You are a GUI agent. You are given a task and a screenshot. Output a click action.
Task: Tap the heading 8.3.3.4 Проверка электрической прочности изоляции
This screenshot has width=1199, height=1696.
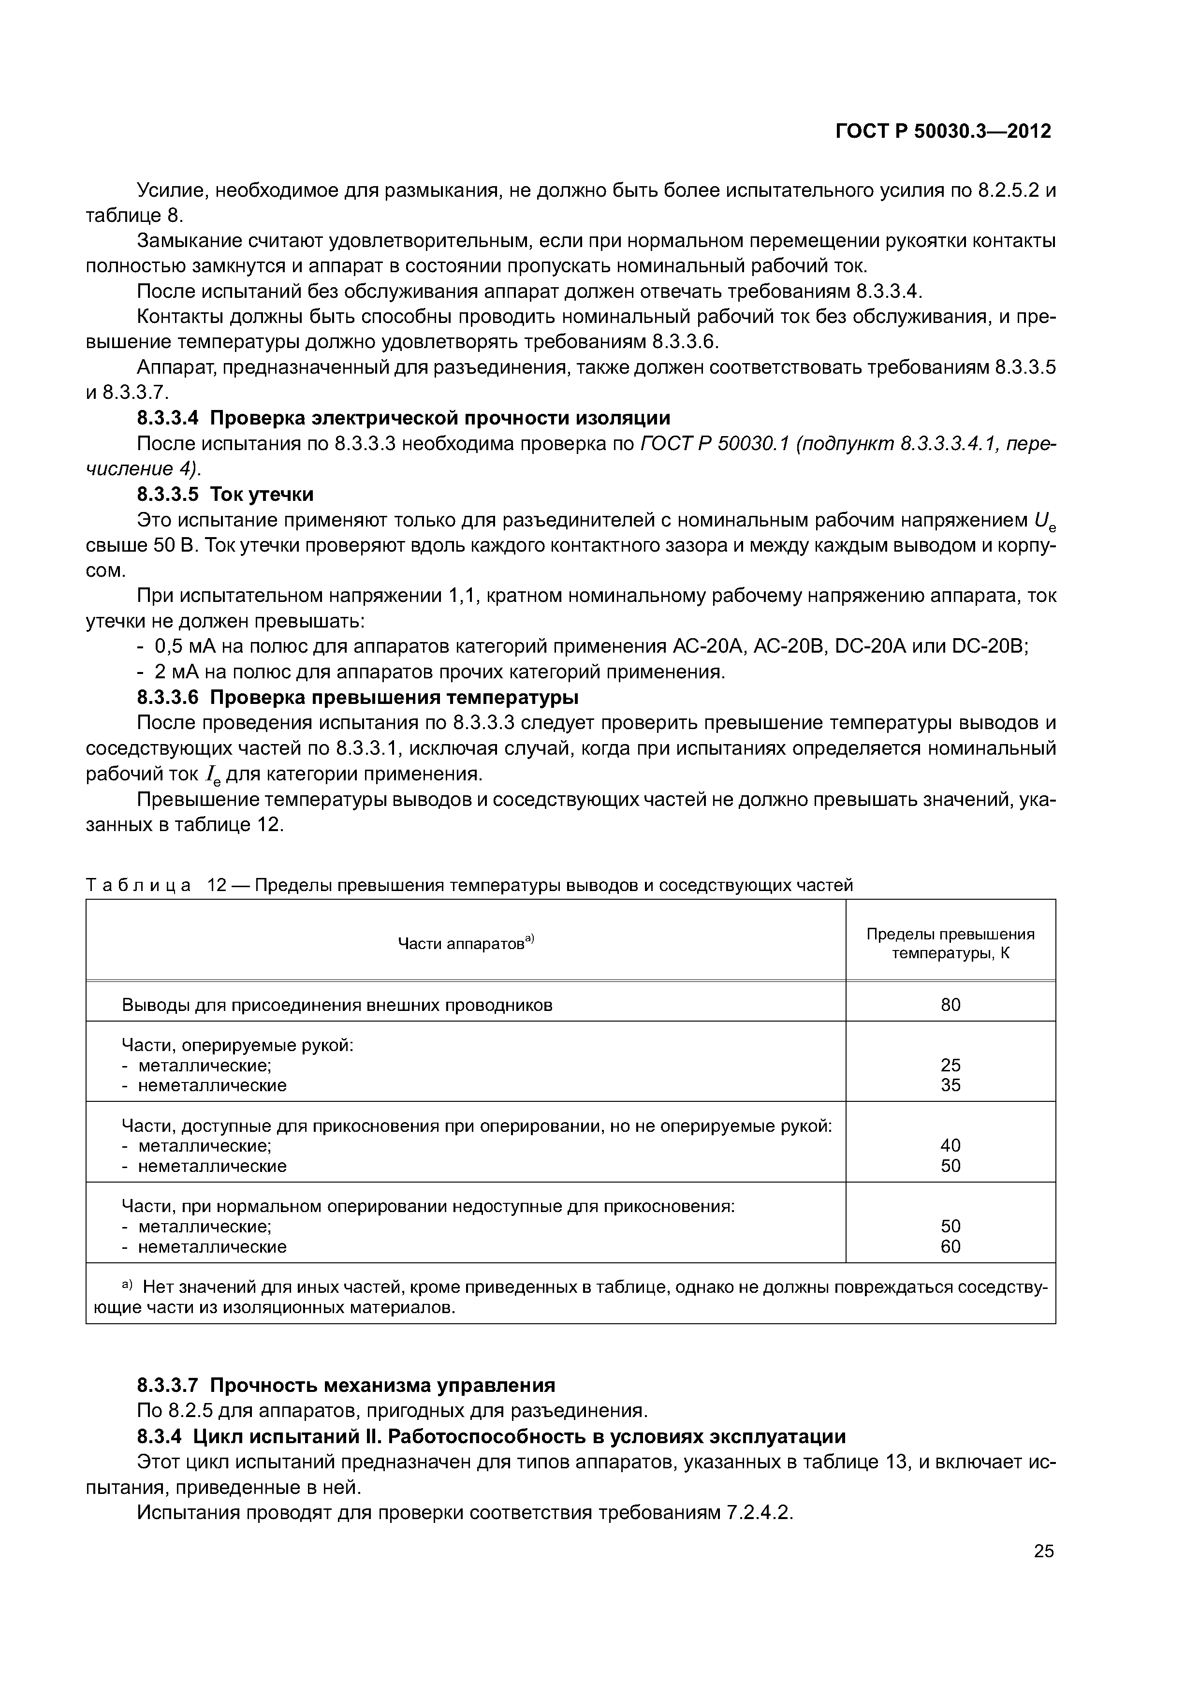[403, 418]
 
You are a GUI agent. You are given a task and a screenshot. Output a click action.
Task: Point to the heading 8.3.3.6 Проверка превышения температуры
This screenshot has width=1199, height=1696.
[358, 697]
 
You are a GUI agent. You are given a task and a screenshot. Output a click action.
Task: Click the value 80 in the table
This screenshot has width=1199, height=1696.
[950, 1005]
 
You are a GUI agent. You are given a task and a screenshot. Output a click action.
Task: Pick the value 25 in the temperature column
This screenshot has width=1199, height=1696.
[950, 1065]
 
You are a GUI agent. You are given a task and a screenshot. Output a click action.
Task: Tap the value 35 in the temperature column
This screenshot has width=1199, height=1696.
[950, 1085]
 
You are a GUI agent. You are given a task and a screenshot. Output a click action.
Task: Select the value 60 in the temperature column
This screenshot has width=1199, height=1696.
[950, 1247]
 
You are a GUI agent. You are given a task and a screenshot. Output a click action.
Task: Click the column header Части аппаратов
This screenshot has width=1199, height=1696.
[466, 943]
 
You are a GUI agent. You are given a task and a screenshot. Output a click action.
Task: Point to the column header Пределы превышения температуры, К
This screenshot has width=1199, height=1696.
[950, 943]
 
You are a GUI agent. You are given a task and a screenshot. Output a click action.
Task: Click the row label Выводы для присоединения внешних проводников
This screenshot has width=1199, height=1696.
[337, 1005]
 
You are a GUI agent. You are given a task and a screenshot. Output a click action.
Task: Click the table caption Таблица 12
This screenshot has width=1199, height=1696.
[468, 885]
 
